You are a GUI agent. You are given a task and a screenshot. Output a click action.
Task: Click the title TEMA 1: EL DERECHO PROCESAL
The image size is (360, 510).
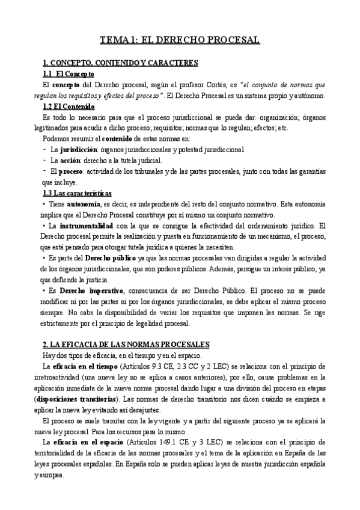click(180, 40)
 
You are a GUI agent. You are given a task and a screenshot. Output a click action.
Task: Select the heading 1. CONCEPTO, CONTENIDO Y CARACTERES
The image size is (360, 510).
click(121, 63)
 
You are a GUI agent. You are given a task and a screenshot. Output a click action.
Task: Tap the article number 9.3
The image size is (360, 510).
click(156, 366)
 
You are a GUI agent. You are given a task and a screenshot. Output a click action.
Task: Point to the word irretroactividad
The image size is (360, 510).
click(62, 377)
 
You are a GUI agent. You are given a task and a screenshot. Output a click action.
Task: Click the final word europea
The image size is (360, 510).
click(59, 475)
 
